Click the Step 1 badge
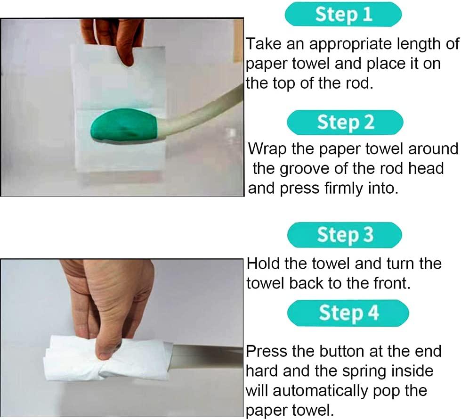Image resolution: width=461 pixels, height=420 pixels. point(343,15)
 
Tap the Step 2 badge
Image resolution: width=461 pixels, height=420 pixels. point(345,122)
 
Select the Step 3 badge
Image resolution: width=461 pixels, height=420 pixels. point(345,235)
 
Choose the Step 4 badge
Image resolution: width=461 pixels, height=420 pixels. point(348,313)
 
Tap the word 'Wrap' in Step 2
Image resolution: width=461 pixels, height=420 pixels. point(267,148)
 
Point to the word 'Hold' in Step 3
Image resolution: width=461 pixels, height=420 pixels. point(265,264)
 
